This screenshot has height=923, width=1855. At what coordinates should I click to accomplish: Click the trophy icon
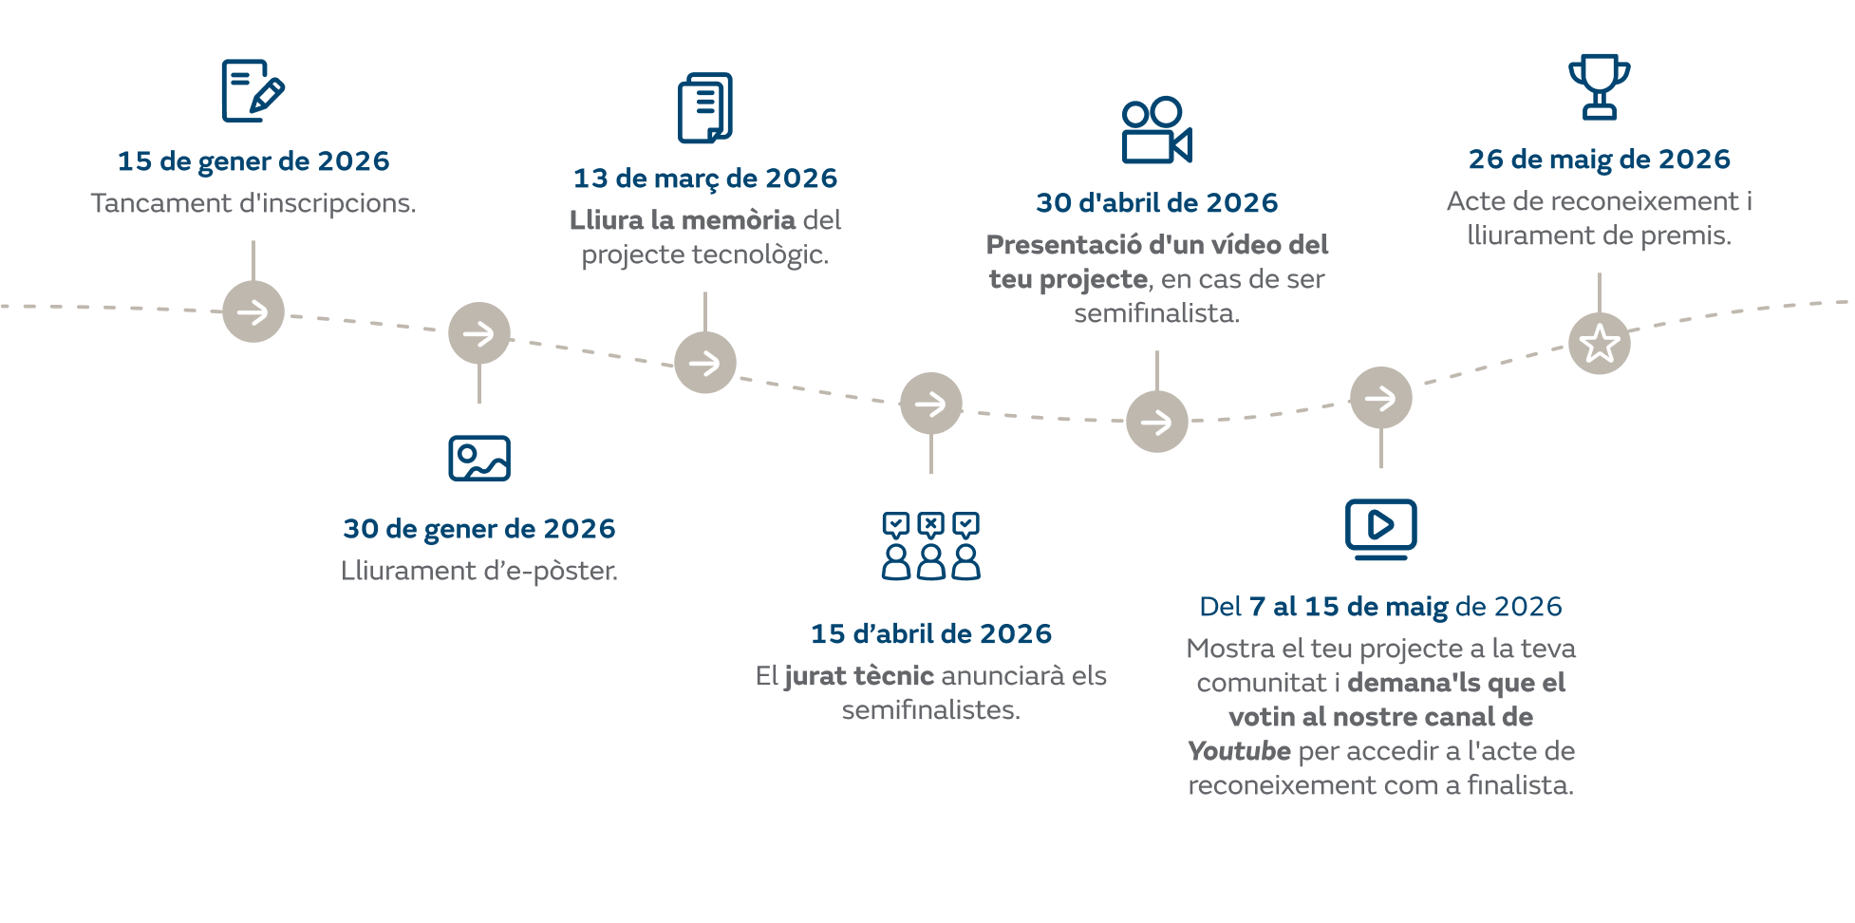point(1600,86)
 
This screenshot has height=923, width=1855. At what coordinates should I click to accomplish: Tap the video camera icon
point(1156,130)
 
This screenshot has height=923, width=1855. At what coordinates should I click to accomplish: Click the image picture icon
point(479,459)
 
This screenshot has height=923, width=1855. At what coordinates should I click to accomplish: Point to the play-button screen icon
point(1380,529)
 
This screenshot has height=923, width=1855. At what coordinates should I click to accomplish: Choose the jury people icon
point(930,546)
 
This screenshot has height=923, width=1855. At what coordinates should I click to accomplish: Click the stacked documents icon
point(705,107)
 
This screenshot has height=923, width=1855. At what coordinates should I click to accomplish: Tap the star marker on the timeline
point(1600,344)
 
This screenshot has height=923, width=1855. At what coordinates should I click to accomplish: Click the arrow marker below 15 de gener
point(253,311)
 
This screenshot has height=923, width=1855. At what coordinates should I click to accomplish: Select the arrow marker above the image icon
point(479,333)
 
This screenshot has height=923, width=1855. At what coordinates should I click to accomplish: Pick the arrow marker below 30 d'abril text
point(1157,422)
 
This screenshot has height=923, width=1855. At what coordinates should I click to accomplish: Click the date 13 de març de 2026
point(705,179)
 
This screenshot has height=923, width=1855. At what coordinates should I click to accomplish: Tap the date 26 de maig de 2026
point(1600,159)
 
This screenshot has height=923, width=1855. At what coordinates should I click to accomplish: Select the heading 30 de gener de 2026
point(479,529)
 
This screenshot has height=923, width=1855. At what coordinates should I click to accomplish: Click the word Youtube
point(1239,751)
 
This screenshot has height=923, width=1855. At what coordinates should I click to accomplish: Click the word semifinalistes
point(930,710)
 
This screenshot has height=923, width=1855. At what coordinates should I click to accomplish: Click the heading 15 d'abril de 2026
point(931,633)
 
